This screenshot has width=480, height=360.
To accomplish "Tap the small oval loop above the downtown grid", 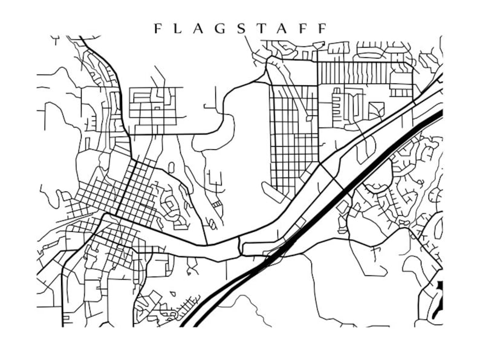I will coord(171,167).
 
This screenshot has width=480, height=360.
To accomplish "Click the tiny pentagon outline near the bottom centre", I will coord(172,294).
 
